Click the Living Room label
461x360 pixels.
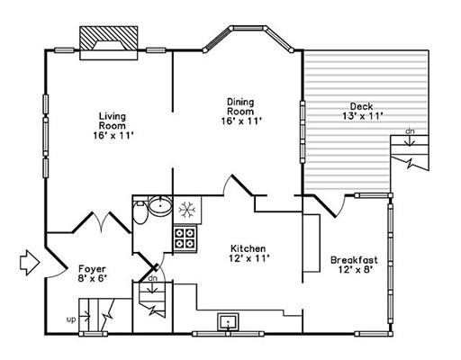click(x=113, y=126)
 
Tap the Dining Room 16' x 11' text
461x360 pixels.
click(x=241, y=112)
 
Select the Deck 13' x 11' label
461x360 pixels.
click(x=362, y=111)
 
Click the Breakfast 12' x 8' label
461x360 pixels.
click(x=354, y=265)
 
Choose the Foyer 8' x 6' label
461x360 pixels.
click(x=92, y=274)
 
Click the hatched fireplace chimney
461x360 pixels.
click(x=109, y=39)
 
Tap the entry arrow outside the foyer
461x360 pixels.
click(x=30, y=263)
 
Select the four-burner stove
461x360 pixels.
click(x=185, y=238)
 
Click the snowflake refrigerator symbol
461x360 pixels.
click(x=187, y=209)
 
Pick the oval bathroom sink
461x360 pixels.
click(x=160, y=205)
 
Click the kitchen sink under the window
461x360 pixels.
click(x=228, y=321)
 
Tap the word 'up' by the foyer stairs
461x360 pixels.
click(x=71, y=319)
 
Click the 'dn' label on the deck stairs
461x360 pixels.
click(x=410, y=131)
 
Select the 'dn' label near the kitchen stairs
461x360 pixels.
click(x=153, y=278)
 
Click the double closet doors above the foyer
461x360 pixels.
click(x=102, y=222)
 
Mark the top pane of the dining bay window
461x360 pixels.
click(x=249, y=28)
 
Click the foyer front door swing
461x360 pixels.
click(x=56, y=263)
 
